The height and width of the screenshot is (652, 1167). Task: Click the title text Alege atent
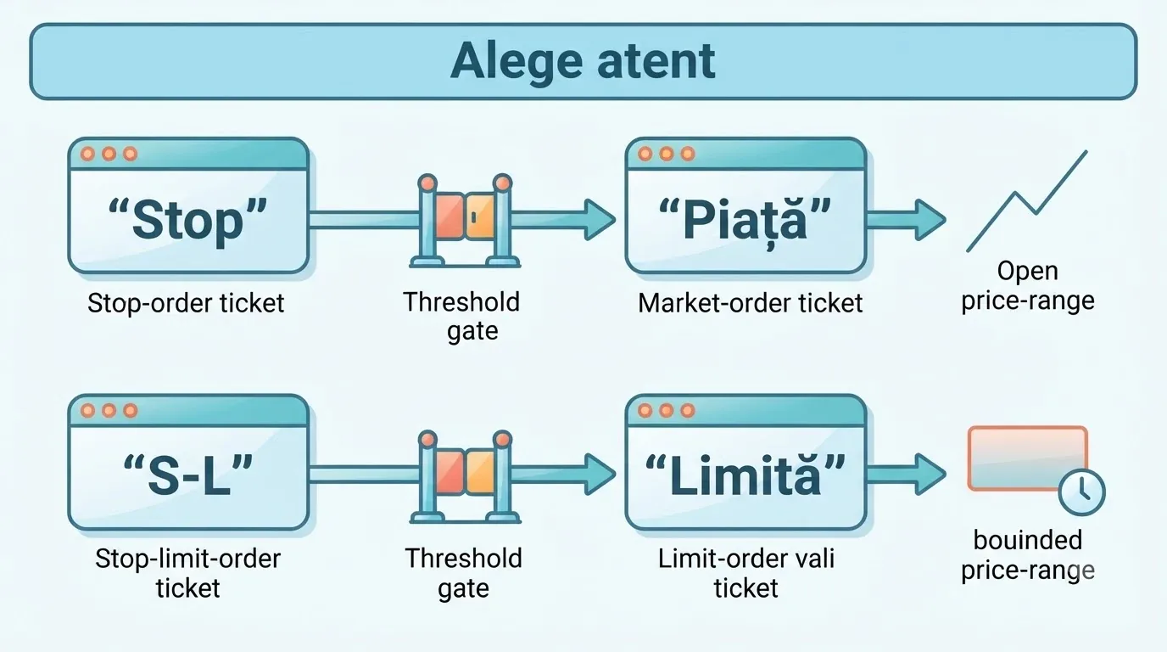583,61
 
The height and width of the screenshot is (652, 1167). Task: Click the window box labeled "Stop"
188,205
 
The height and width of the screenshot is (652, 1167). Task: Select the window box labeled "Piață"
745,205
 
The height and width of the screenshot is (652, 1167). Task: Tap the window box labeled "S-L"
188,462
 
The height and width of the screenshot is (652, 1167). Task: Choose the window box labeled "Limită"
745,462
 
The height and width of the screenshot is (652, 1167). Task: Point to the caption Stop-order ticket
186,303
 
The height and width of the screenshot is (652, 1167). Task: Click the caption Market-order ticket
751,303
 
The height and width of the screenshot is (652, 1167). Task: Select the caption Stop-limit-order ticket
187,573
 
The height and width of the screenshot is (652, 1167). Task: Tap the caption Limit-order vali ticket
746,573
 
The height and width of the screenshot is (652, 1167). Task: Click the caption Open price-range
1027,286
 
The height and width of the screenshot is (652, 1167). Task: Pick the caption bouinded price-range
1027,555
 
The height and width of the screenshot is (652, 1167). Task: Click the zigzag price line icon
1026,201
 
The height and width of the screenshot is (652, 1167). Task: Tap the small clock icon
1081,492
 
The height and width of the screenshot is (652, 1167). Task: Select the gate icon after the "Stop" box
465,221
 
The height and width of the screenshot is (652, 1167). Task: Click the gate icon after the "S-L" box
465,477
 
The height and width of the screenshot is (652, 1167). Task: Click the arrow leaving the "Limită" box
906,474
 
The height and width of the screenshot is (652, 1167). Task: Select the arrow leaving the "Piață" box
906,220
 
